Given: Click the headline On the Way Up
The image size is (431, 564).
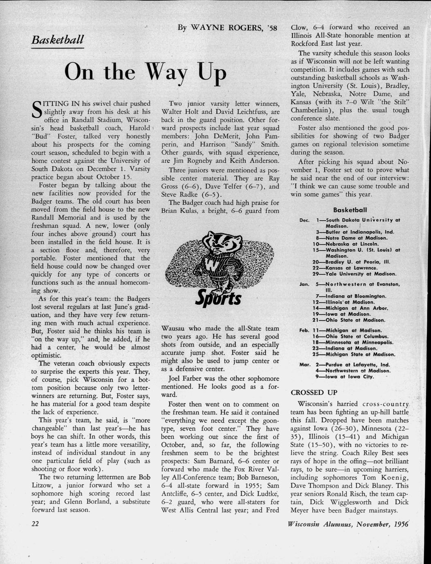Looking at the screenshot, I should tap(146, 72).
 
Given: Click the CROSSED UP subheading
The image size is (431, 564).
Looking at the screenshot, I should tap(314, 392).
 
